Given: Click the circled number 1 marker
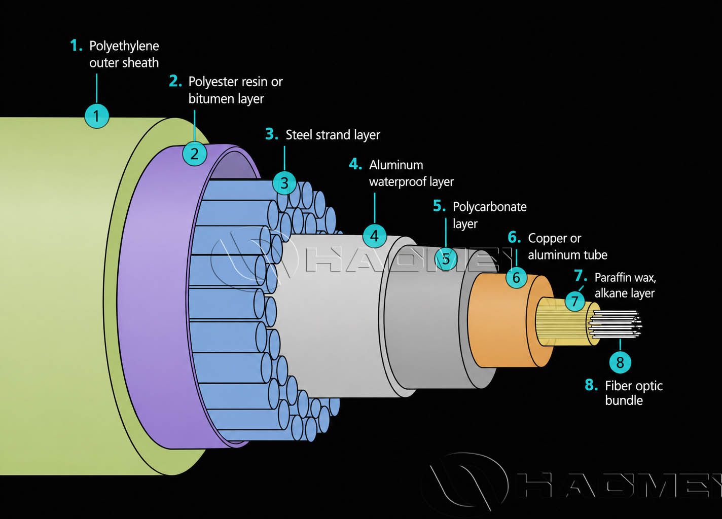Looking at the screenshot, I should pos(96,116).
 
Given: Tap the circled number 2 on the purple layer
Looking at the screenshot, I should pos(195,154).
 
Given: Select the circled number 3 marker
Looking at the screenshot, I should pos(284,183).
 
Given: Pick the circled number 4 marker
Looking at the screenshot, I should pos(375,236).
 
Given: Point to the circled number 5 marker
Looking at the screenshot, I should pos(446,258).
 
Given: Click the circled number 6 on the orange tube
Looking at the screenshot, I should pos(516,277).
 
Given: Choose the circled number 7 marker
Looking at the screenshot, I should pos(574,301).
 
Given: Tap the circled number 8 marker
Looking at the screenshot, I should pos(620,362).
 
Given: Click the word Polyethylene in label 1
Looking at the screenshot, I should pos(124,46).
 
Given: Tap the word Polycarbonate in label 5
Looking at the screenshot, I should pos(489,207).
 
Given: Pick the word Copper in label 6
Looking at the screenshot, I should pos(547,238).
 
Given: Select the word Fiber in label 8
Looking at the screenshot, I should pos(619,386).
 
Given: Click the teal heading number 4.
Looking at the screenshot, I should pos(355,164).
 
